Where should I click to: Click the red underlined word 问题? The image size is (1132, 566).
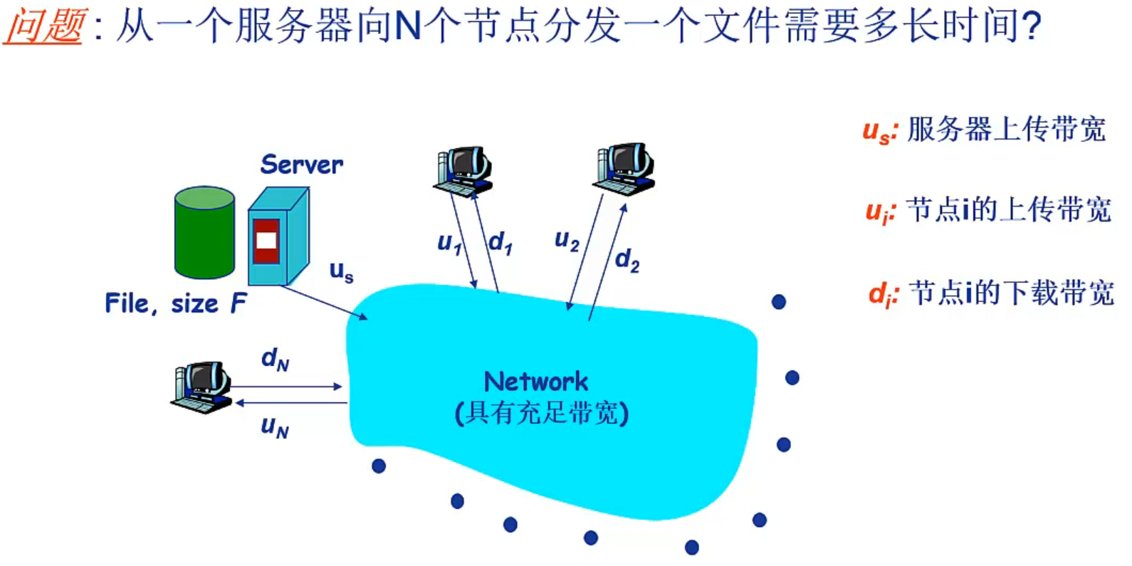coord(44,26)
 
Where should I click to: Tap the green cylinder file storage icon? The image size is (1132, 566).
coord(204,232)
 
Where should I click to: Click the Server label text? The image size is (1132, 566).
coord(301,164)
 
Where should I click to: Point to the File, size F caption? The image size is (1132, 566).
coord(175,303)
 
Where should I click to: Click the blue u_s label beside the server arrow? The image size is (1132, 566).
coord(341,271)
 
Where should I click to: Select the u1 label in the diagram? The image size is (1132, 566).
coord(449,243)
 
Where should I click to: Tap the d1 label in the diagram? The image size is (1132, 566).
coord(500,243)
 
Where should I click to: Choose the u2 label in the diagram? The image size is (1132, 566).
coord(567,241)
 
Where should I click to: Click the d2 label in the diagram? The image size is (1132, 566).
coord(627,260)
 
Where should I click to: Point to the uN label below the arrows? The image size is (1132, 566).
coord(275,426)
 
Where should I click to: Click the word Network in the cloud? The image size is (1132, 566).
coord(536,382)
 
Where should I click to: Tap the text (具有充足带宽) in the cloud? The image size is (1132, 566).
coord(542,413)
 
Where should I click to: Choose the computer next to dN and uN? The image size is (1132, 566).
coord(201,387)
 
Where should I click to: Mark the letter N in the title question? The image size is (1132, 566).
coord(408,26)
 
